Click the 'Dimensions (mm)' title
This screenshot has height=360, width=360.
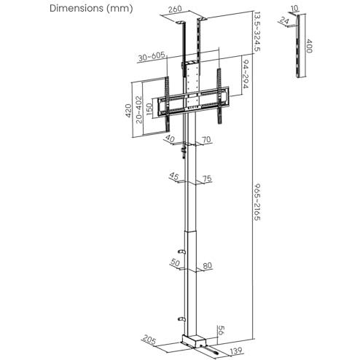(x=91, y=9)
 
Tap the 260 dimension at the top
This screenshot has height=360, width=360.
(x=175, y=9)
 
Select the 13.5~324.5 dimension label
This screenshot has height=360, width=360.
(x=257, y=31)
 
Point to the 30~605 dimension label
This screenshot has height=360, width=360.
(x=152, y=57)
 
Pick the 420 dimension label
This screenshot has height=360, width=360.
(x=128, y=111)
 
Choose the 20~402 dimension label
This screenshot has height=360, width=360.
(x=138, y=109)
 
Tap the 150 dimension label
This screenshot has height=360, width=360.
(x=149, y=109)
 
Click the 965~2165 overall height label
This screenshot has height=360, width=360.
(x=257, y=202)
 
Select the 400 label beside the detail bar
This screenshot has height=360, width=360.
(x=308, y=46)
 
